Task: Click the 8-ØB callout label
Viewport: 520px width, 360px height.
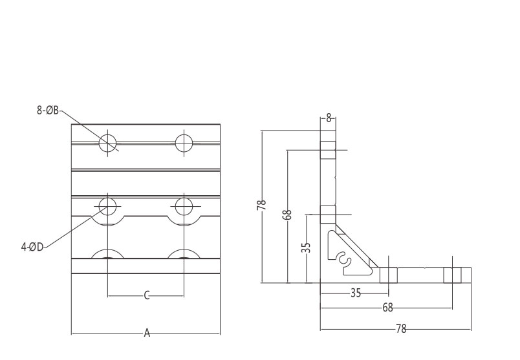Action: pos(47,111)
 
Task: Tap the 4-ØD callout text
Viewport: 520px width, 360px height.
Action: pos(32,246)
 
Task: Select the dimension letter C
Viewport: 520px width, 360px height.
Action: pos(147,295)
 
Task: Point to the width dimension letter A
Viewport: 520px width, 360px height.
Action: pos(147,334)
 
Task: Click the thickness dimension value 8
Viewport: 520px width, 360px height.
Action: pos(329,118)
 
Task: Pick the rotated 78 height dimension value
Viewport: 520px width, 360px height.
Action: pos(261,206)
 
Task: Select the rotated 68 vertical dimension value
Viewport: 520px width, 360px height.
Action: pos(287,215)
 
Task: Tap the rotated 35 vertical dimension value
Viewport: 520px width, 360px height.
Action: pos(307,247)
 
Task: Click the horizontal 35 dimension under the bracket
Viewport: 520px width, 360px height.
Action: pos(355,293)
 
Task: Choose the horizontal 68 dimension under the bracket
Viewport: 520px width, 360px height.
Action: pos(387,308)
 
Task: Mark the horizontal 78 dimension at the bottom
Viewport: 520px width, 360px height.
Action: pos(400,328)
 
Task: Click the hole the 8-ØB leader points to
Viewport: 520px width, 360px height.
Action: pos(108,142)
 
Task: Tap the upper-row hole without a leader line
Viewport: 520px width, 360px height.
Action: pos(184,142)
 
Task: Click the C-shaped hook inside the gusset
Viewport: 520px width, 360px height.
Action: pos(343,259)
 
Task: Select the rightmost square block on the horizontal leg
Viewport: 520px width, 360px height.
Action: pos(458,275)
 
